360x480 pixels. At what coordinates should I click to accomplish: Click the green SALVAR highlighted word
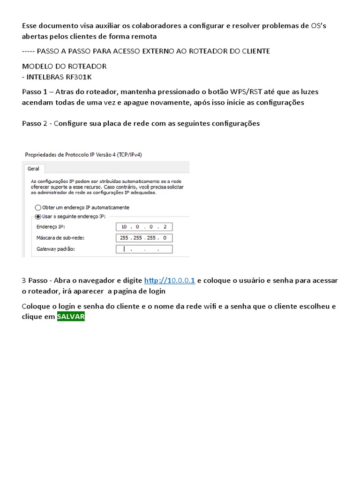(x=71, y=317)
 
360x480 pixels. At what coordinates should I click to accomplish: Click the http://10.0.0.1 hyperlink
(x=170, y=281)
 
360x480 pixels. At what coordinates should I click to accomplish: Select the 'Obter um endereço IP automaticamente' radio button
(x=38, y=207)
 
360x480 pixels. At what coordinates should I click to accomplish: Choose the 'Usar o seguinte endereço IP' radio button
(x=38, y=216)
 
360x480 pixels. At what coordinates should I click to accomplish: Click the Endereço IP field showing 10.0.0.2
(x=144, y=227)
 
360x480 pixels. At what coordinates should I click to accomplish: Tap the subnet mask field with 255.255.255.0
(x=144, y=238)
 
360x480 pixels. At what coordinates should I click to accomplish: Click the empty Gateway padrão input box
(x=144, y=249)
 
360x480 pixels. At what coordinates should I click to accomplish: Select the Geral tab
(x=33, y=168)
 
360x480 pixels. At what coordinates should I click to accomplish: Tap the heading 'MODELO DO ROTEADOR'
(x=64, y=67)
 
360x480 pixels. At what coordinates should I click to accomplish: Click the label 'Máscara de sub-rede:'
(x=60, y=238)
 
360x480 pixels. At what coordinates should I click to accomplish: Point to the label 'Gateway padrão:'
(x=55, y=249)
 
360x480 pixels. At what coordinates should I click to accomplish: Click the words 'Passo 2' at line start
(x=35, y=124)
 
